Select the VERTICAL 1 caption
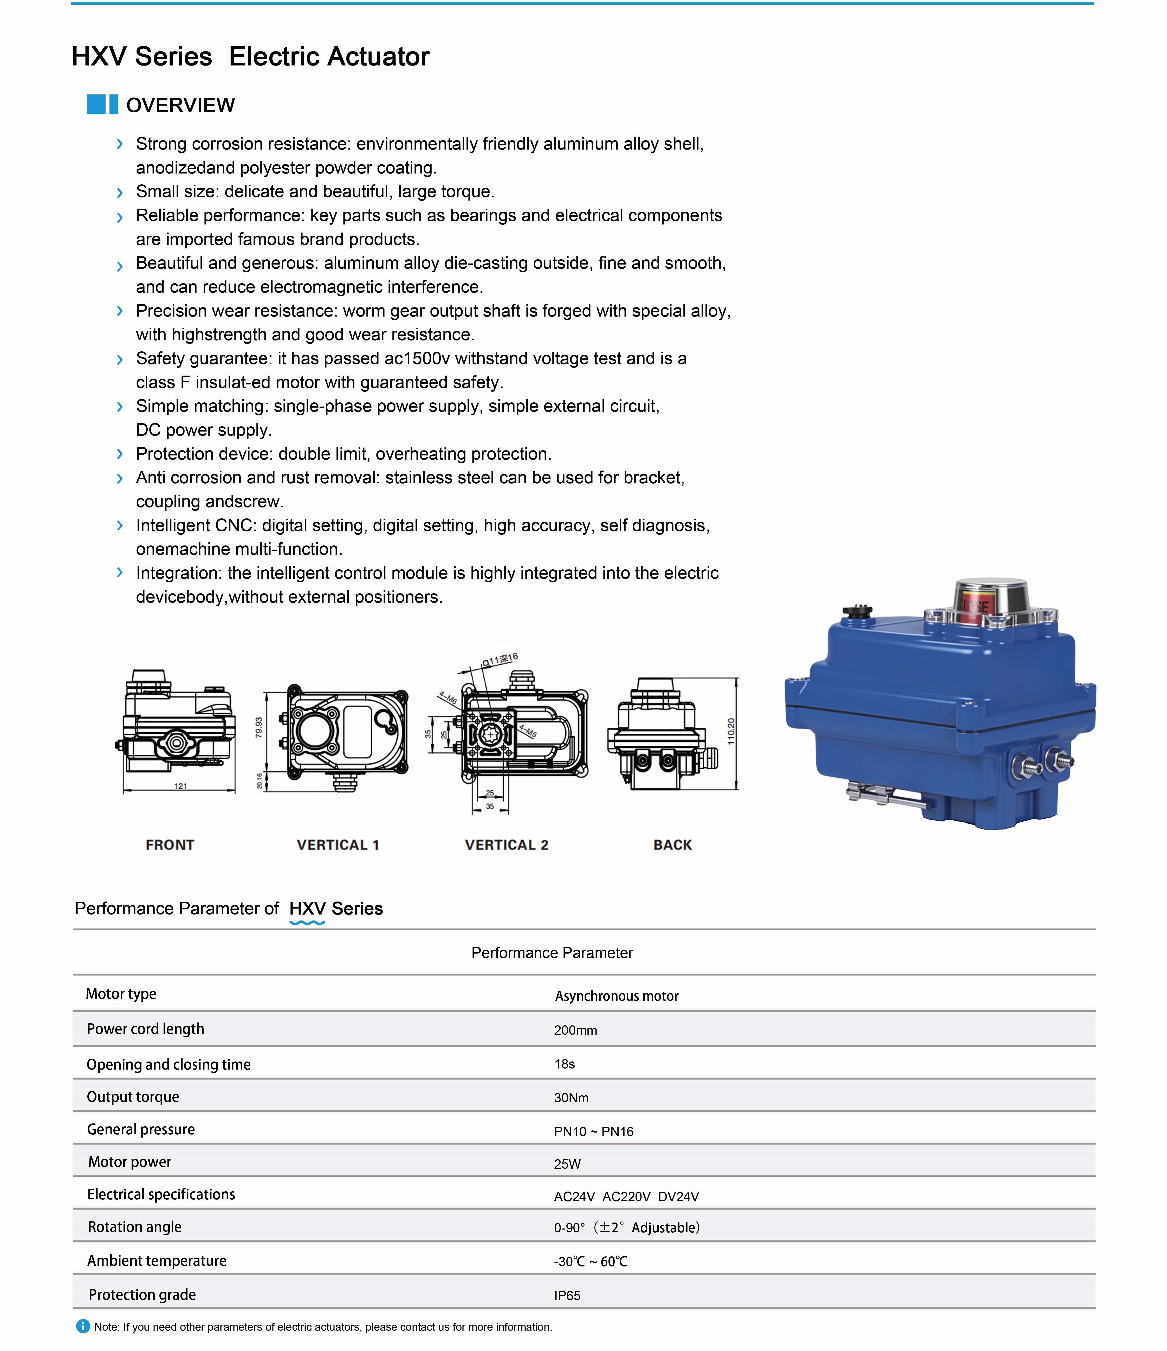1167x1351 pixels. click(338, 845)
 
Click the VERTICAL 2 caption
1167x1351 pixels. click(507, 845)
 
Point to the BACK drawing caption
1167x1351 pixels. click(672, 845)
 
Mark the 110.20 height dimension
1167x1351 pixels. click(731, 732)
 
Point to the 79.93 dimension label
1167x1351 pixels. click(259, 727)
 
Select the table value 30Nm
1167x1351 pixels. click(571, 1098)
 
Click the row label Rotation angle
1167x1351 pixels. click(134, 1227)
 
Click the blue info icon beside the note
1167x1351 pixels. click(83, 1326)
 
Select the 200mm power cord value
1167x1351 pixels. click(575, 1030)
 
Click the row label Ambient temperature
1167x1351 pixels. click(157, 1261)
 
